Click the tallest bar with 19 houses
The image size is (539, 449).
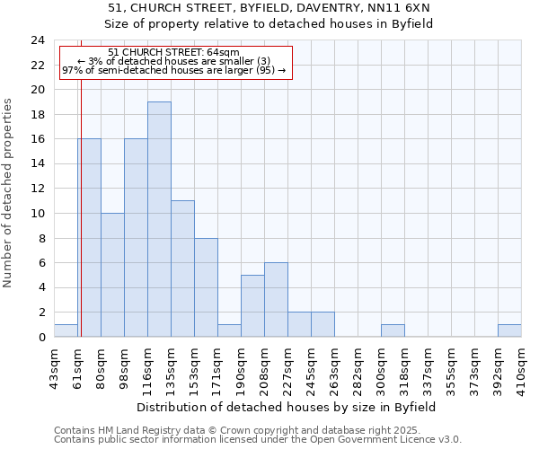pyautogui.click(x=159, y=219)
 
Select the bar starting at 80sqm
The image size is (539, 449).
pyautogui.click(x=112, y=275)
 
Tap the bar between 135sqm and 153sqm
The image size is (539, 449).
pyautogui.click(x=182, y=269)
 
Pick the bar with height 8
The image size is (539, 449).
pyautogui.click(x=206, y=287)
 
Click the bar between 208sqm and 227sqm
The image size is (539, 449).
pyautogui.click(x=276, y=300)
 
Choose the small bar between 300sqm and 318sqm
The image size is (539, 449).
pyautogui.click(x=393, y=330)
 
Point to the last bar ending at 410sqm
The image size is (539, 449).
pyautogui.click(x=509, y=330)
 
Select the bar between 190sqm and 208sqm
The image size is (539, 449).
pyautogui.click(x=252, y=306)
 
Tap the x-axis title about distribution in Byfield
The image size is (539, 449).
pyautogui.click(x=287, y=407)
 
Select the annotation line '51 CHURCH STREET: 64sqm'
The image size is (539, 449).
pyautogui.click(x=173, y=53)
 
